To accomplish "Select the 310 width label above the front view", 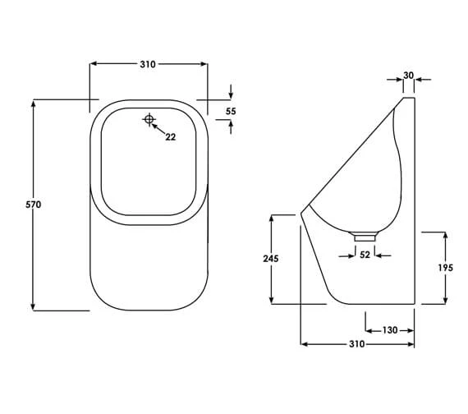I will (x=148, y=64).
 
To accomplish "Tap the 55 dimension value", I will (x=231, y=111).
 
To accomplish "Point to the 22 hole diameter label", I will (x=170, y=137).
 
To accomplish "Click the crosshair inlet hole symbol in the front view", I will (x=149, y=119).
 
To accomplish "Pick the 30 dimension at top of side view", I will (x=408, y=76).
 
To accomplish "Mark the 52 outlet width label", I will (x=365, y=255).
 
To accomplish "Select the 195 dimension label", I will (x=445, y=267).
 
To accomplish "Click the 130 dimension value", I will (x=390, y=329).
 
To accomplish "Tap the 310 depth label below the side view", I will (x=356, y=344).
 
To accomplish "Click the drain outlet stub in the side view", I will (x=365, y=237).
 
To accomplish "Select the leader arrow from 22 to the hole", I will (x=159, y=128).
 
